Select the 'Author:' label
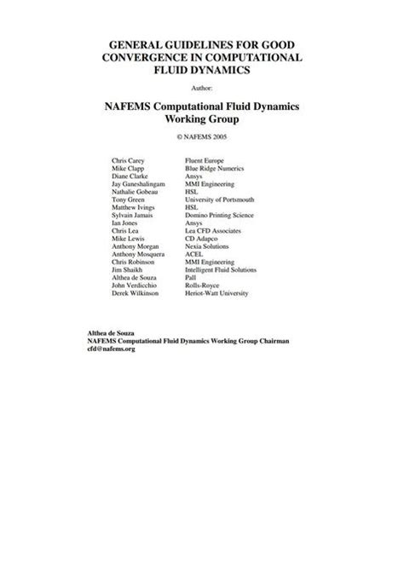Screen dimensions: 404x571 202,87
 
